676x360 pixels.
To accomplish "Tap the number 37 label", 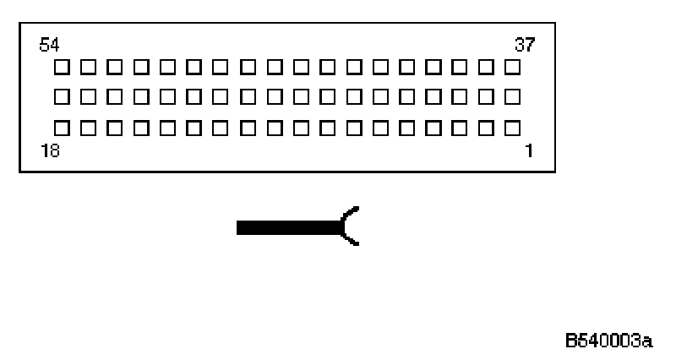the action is pyautogui.click(x=524, y=45).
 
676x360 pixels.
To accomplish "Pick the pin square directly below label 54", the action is pyautogui.click(x=62, y=66).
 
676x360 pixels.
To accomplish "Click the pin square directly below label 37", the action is pyautogui.click(x=512, y=66).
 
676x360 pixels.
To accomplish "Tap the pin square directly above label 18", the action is pyautogui.click(x=62, y=128).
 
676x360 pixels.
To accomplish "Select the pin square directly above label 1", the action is pyautogui.click(x=512, y=128).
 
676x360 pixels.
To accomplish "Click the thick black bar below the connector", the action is pyautogui.click(x=287, y=226).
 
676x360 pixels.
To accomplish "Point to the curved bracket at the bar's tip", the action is pyautogui.click(x=350, y=226).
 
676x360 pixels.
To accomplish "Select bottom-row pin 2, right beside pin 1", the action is pyautogui.click(x=486, y=128).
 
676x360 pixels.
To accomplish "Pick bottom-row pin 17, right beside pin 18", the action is pyautogui.click(x=88, y=128).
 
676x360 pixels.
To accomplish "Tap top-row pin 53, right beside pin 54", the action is pyautogui.click(x=88, y=66).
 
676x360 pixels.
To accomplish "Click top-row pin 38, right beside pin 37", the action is pyautogui.click(x=486, y=66).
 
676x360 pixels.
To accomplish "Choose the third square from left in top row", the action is pyautogui.click(x=115, y=66).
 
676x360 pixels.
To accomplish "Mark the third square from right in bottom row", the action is pyautogui.click(x=459, y=128).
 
